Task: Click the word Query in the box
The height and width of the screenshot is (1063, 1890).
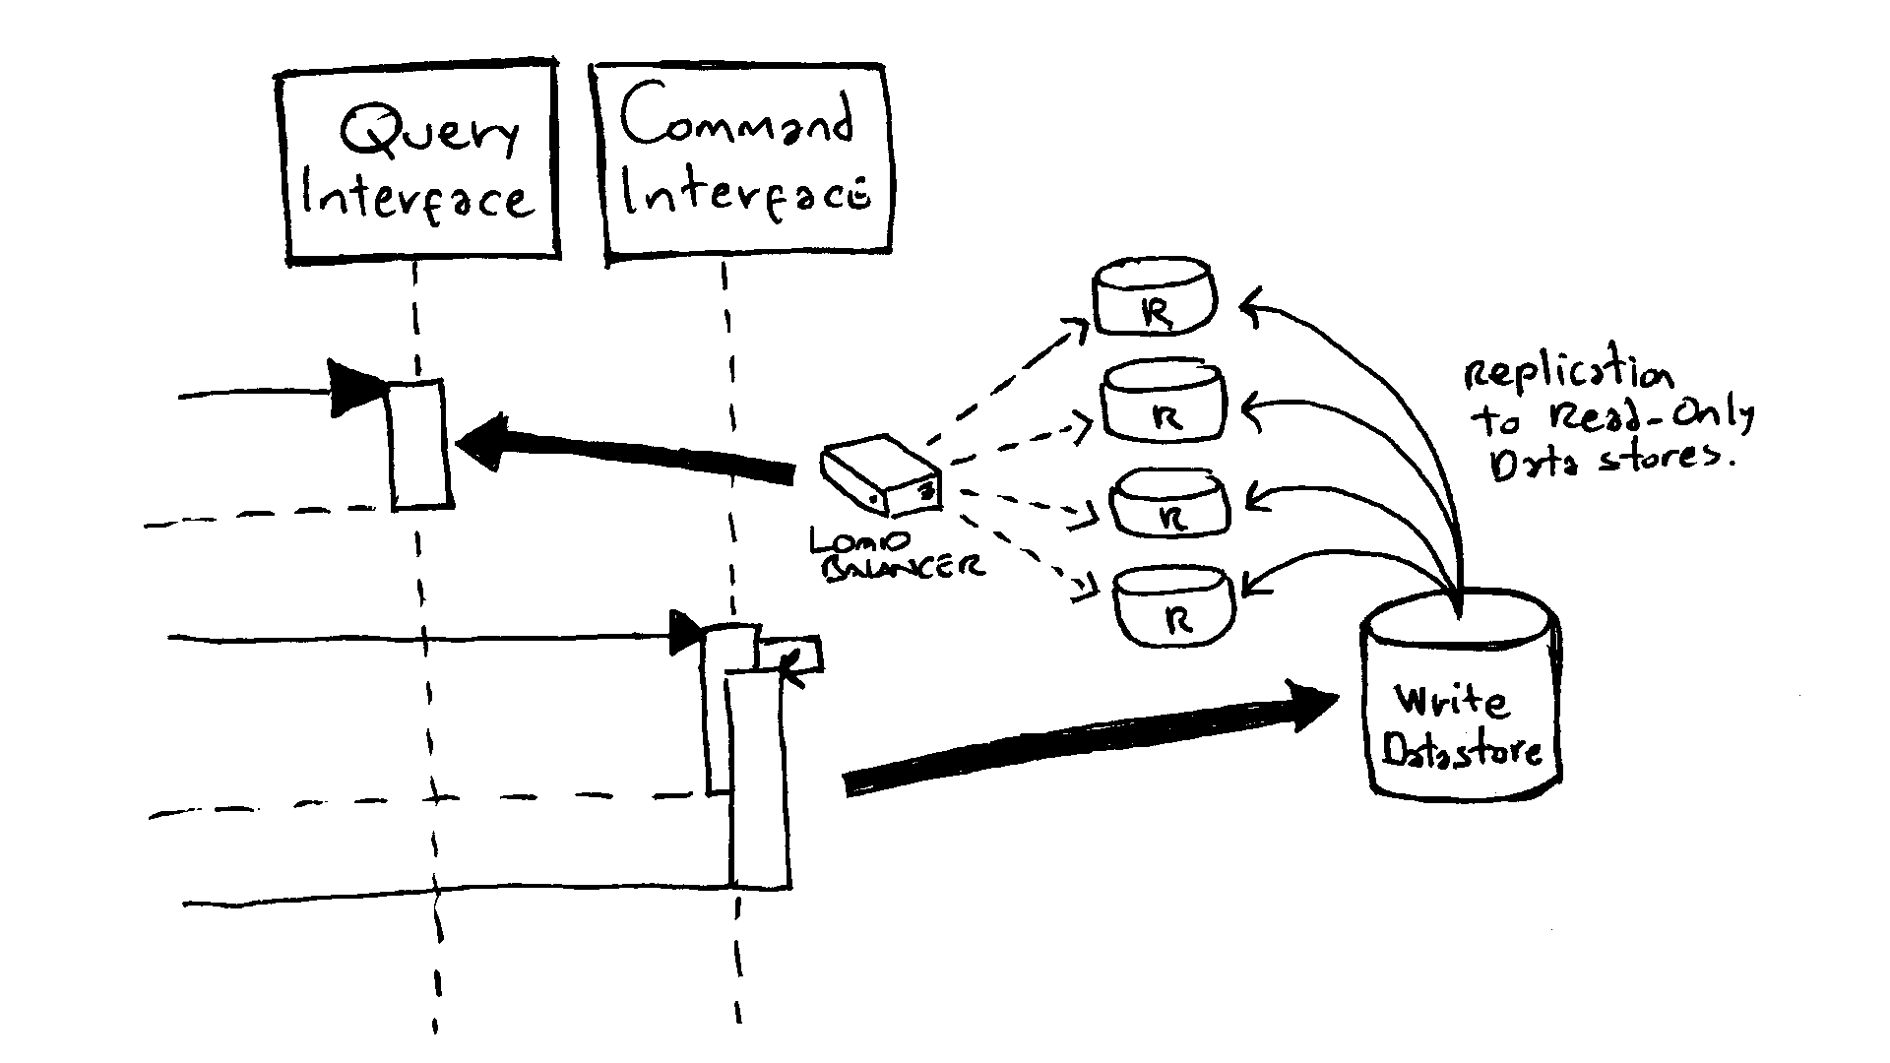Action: tap(429, 135)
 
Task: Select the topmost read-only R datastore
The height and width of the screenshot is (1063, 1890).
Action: tap(1155, 298)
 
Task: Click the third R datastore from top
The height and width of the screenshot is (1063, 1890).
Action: tap(1170, 505)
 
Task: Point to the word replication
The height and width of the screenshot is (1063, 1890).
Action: tap(1567, 376)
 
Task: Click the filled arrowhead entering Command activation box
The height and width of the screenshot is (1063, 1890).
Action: tap(685, 632)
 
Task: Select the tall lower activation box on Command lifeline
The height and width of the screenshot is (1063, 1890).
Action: tap(758, 787)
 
